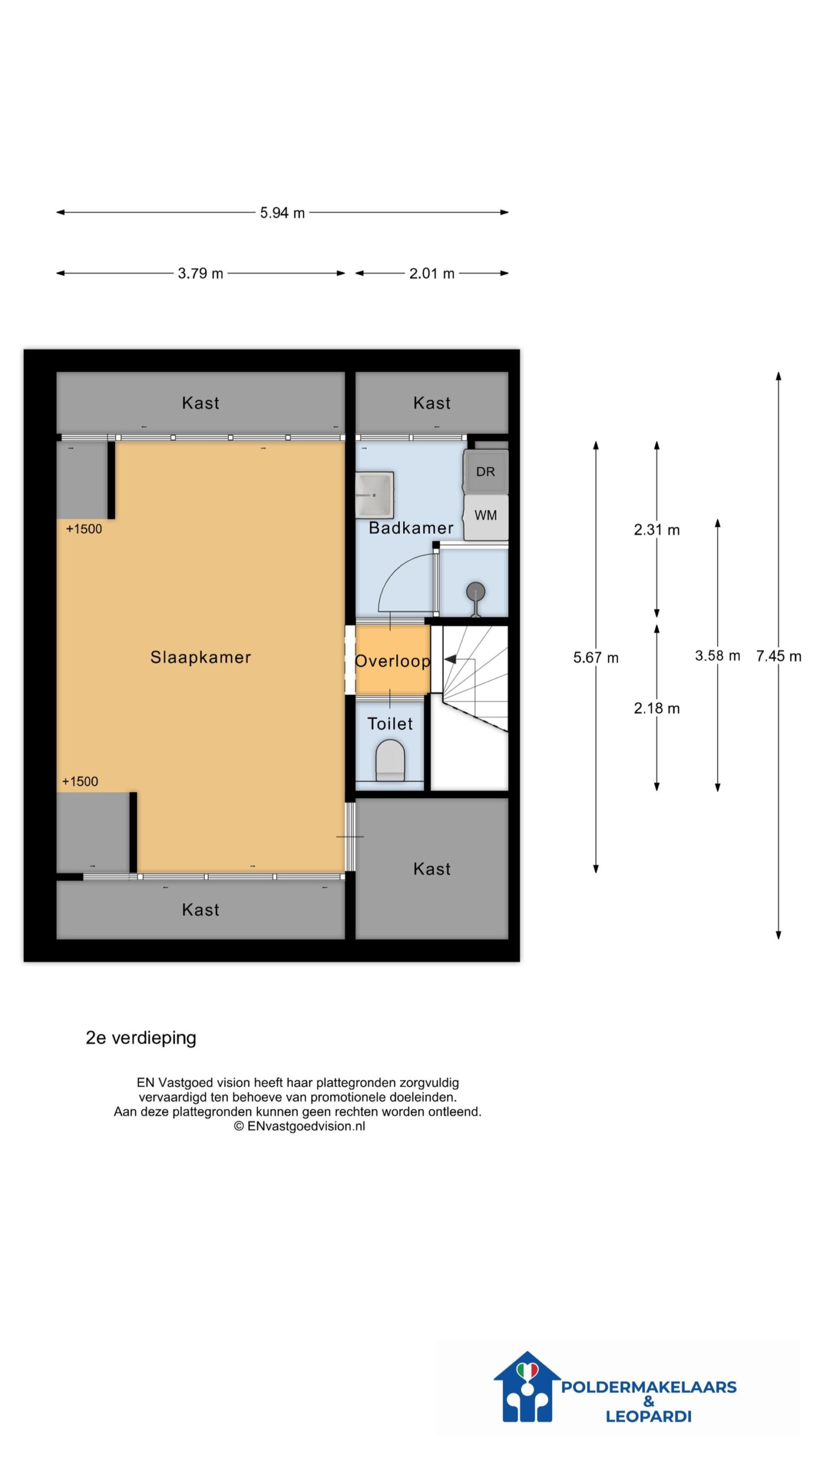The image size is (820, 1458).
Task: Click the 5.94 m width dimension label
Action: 282,213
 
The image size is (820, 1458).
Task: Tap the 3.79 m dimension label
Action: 200,273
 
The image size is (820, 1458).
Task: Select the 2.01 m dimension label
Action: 432,273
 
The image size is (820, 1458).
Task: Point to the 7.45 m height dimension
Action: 778,656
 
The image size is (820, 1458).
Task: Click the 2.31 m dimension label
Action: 657,530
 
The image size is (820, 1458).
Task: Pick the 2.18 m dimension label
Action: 657,708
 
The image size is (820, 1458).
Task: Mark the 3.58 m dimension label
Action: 717,656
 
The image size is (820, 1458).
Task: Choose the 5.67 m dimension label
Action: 596,658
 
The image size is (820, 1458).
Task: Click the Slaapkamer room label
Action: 200,657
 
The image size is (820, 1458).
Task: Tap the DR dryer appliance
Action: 486,472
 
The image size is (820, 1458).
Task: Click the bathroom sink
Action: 374,495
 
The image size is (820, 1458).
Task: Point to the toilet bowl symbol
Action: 390,760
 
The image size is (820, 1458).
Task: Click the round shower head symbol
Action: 475,592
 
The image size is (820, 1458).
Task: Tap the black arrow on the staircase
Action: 450,660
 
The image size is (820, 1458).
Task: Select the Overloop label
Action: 392,661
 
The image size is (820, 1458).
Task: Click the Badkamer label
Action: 411,528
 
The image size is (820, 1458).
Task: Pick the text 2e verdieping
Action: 141,1038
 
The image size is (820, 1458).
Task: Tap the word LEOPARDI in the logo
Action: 649,1416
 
